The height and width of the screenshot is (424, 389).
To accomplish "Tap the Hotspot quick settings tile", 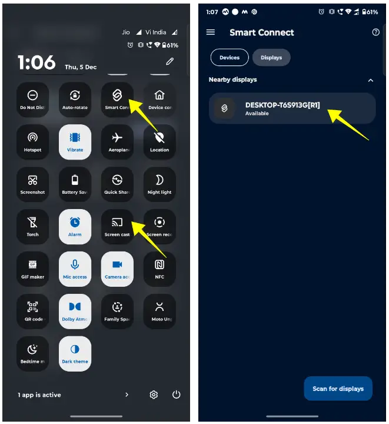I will coord(32,141).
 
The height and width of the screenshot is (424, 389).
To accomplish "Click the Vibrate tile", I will coord(75,141).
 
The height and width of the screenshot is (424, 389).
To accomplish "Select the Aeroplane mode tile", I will coord(117,141).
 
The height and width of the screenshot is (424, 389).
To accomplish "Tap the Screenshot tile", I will coord(32,184).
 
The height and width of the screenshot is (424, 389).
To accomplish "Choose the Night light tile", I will coord(159,184).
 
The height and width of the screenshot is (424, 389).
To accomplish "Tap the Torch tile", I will coord(32,226).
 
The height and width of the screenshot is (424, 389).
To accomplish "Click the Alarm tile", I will coord(75,226).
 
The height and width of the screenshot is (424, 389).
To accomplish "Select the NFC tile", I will coord(159,269).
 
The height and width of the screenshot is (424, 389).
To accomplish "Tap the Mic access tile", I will coord(75,269).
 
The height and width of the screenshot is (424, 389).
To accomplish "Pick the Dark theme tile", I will coord(75,353).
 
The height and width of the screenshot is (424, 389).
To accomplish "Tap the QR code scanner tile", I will coord(32,311).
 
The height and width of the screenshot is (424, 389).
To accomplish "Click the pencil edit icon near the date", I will coord(170,61).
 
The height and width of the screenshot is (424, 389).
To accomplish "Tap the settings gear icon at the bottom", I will coord(154,395).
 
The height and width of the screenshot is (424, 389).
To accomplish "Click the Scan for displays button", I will coord(338,389).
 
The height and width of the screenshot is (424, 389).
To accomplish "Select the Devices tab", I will coord(230,58).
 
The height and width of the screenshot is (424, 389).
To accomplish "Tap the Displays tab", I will coord(271,58).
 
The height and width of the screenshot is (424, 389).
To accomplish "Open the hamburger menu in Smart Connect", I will coord(211,32).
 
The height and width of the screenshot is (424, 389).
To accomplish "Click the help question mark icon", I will coord(376,32).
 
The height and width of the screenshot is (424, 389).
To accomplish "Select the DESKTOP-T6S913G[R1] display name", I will coord(282,105).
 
